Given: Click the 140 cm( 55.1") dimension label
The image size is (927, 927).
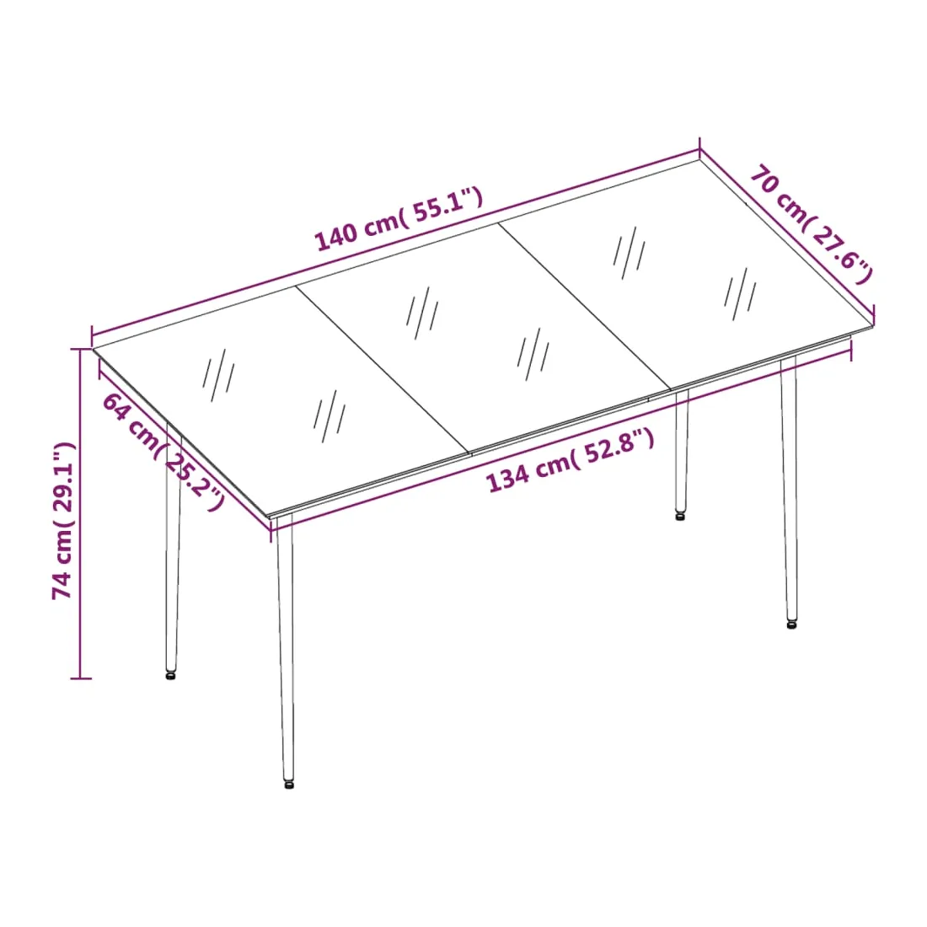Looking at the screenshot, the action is coord(399,219).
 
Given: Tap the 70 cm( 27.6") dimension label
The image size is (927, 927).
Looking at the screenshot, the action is coord(811,225).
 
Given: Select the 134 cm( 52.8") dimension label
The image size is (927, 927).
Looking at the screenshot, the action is coord(571,460).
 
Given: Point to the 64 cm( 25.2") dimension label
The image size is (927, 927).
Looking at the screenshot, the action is coord(163,453).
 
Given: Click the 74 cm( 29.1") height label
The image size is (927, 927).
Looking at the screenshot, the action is coord(63,521).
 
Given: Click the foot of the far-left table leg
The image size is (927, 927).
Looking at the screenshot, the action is coord(170,674).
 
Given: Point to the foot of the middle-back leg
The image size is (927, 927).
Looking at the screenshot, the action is coord(680,516).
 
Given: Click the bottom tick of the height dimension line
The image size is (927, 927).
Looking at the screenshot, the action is coord(81,678).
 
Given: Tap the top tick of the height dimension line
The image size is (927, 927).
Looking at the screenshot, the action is coord(81,349).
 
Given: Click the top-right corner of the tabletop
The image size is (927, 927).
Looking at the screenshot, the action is coord(699,158).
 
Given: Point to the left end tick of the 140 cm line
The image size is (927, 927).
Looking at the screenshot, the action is coord(92,335).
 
